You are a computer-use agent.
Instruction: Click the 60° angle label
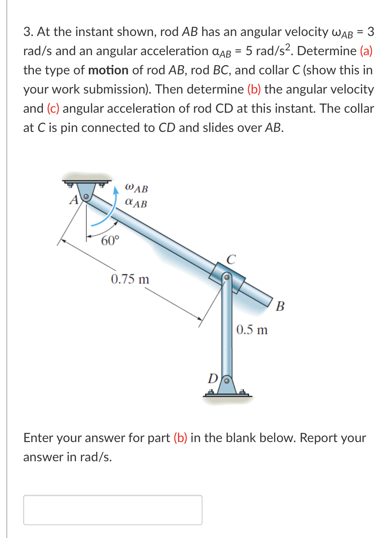(110, 241)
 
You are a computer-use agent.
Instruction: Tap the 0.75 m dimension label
(130, 279)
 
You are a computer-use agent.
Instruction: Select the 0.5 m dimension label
(252, 330)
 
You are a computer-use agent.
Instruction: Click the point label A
(74, 200)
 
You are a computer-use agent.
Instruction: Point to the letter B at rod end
(280, 306)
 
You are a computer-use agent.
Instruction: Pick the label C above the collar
(231, 259)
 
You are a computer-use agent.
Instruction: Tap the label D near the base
(213, 378)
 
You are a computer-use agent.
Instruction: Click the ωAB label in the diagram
(136, 187)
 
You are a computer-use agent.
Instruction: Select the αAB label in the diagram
(136, 203)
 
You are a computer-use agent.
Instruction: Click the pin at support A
(86, 197)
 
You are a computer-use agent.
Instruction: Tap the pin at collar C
(227, 277)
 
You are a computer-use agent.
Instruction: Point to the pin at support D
(227, 381)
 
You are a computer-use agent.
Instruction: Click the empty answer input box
(113, 510)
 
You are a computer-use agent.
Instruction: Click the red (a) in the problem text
(366, 51)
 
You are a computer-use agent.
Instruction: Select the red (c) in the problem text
(53, 108)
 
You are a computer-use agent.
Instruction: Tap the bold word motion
(108, 70)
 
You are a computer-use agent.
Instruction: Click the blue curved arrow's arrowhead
(116, 190)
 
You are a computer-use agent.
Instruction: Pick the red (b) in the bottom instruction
(180, 438)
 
